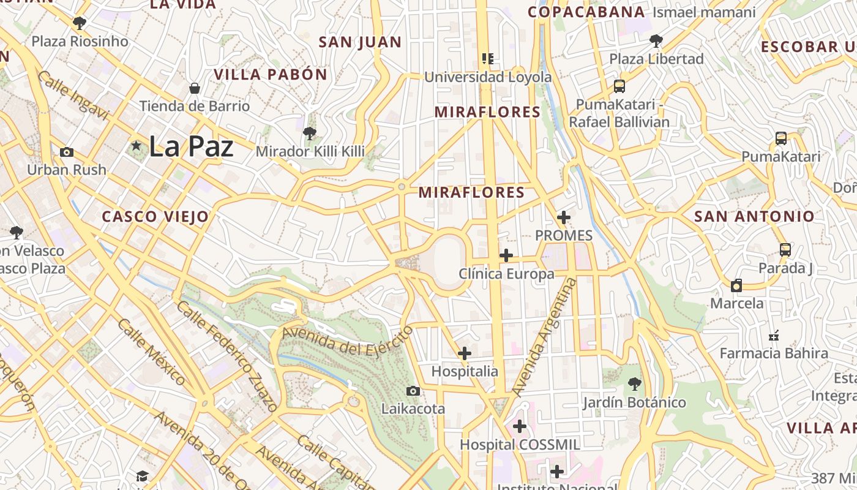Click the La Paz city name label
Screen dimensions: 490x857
tap(191, 147)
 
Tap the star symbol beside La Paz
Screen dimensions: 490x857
tap(136, 146)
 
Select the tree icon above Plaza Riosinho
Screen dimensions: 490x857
tap(79, 24)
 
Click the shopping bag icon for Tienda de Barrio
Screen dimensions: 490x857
tap(195, 89)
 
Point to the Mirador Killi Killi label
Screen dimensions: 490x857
tap(310, 151)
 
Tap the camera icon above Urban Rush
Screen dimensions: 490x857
tap(67, 152)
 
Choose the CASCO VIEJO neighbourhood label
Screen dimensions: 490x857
tap(155, 217)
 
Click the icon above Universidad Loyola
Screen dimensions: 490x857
tap(487, 59)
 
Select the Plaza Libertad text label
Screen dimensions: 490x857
tap(656, 59)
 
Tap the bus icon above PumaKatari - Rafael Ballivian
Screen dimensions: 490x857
tap(619, 86)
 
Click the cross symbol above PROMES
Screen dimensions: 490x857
tap(564, 217)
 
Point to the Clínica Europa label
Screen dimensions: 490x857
tap(506, 274)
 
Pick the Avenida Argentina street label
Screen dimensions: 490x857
tap(544, 337)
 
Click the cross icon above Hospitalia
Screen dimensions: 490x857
tap(465, 353)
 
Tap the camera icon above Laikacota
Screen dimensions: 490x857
tap(413, 391)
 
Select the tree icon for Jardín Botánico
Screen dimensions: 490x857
tap(634, 385)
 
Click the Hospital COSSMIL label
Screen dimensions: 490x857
tap(520, 445)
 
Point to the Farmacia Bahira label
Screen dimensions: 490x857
tap(774, 353)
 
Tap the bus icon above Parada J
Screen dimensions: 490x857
tap(785, 250)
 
